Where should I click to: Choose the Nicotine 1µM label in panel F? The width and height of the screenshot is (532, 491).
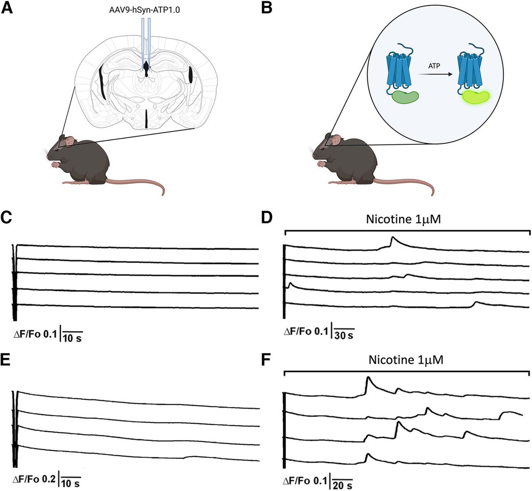tap(405, 361)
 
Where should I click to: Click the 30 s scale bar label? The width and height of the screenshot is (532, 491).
tap(344, 335)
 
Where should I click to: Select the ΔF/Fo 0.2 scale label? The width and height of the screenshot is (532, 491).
tap(35, 480)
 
